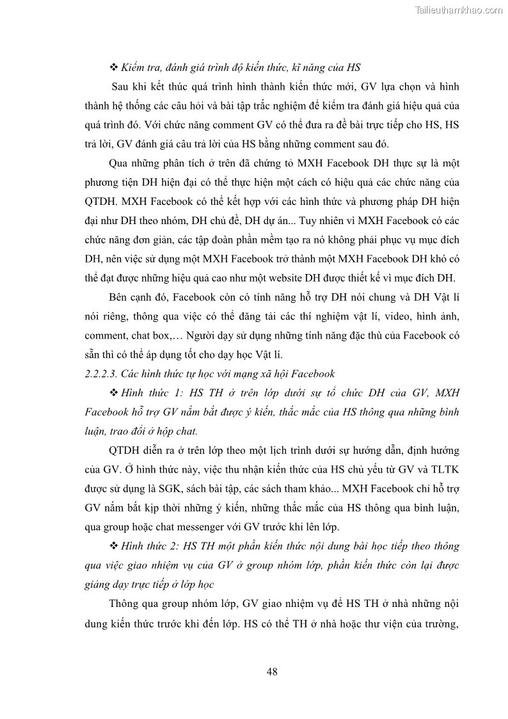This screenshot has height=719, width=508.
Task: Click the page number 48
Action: (271, 671)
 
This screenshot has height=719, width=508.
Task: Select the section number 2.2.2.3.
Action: (106, 374)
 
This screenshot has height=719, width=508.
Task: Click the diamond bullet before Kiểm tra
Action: (115, 67)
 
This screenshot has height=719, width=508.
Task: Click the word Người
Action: (206, 335)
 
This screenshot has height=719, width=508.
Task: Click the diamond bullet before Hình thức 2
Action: (115, 546)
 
